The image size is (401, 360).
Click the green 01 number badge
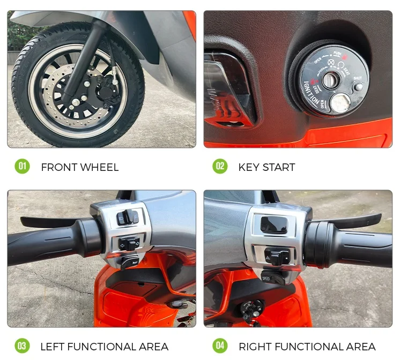[22, 167]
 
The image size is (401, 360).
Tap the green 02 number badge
[220, 167]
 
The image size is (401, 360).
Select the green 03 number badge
[22, 346]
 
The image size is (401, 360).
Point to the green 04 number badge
[220, 346]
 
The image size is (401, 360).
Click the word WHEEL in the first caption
[99, 167]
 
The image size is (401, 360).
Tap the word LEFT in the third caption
[53, 347]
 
